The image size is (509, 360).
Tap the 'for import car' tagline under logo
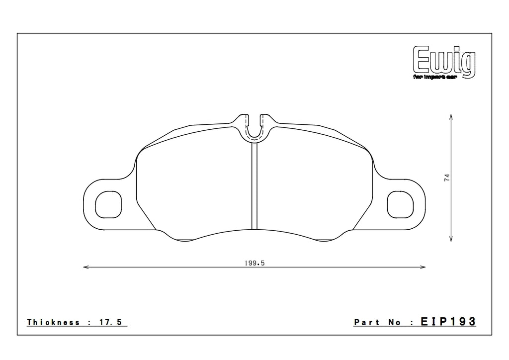coord(444,78)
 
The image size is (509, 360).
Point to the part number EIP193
coord(449,322)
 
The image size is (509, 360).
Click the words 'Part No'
coord(377,322)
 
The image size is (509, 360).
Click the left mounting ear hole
coord(107,204)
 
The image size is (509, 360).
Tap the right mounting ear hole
coord(400,204)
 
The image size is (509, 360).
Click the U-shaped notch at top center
coord(254,128)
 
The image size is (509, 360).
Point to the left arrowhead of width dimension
coord(85,268)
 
